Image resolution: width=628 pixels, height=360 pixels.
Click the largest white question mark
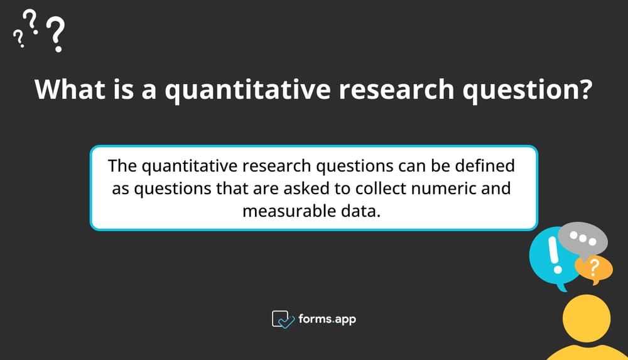click(57, 34)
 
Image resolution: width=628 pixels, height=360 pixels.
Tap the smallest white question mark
click(19, 40)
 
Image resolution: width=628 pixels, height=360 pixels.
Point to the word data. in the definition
click(362, 210)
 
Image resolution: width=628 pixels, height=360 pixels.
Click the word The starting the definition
click(122, 167)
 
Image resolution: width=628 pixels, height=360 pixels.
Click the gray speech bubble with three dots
click(583, 239)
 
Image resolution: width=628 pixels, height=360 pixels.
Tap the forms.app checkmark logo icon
click(282, 319)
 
